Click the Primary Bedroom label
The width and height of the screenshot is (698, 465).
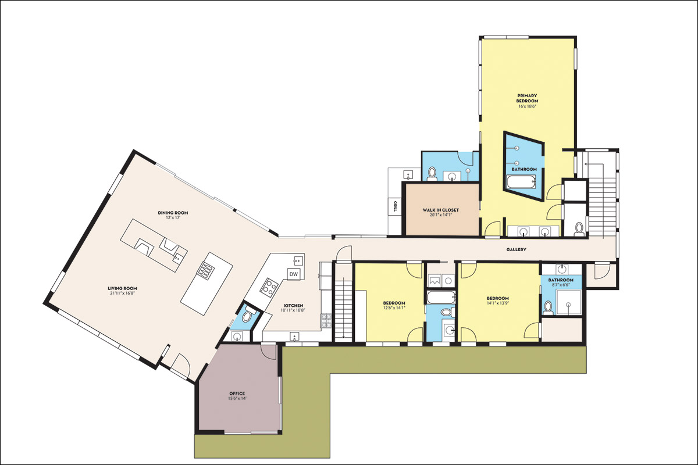[527, 98]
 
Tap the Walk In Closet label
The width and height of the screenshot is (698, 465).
[441, 210]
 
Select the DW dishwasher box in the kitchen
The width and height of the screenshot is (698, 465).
[294, 274]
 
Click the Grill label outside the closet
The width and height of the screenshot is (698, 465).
[395, 206]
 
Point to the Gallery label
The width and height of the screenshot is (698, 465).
[516, 249]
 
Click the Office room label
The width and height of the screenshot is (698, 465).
[237, 394]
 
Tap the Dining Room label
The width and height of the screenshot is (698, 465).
[173, 213]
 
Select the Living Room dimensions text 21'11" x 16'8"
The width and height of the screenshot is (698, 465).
[122, 293]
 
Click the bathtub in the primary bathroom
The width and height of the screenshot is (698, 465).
[521, 182]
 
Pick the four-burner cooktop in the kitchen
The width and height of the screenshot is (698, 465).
[269, 287]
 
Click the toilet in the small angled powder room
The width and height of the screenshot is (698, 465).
[248, 315]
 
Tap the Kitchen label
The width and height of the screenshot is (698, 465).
[294, 306]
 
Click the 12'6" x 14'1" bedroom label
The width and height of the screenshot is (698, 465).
[394, 305]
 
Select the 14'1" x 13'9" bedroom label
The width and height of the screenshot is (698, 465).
[498, 301]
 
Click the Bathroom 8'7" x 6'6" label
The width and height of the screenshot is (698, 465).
[561, 282]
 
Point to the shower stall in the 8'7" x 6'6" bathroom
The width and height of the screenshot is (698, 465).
[569, 303]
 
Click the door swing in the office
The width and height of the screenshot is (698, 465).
[269, 352]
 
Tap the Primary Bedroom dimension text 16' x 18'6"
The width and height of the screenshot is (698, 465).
[527, 106]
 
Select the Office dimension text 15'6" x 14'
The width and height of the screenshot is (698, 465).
[237, 398]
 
